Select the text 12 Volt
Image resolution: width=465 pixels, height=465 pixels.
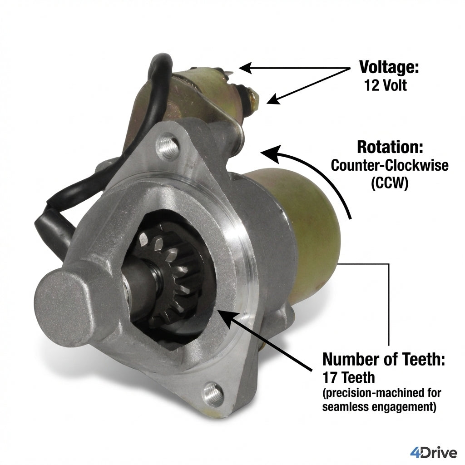(x=386, y=85)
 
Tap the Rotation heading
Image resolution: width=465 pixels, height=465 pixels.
(x=390, y=147)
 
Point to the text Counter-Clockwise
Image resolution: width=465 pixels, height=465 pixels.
(x=390, y=165)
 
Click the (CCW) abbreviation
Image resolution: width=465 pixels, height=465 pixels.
(x=390, y=183)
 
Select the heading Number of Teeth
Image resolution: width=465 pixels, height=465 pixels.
(x=383, y=359)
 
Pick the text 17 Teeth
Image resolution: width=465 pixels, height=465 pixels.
(x=348, y=377)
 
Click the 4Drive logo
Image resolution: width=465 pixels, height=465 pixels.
(x=433, y=453)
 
